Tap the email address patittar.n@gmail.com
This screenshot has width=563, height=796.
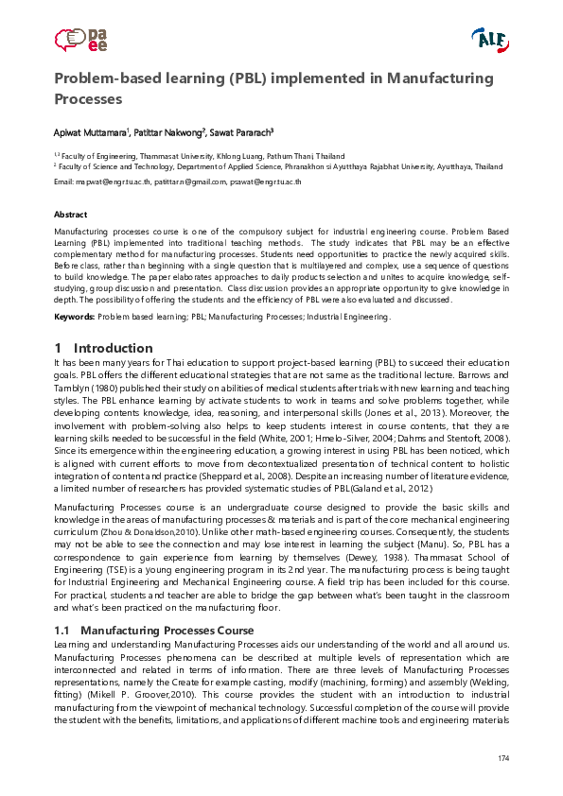click(190, 182)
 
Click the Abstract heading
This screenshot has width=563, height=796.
click(71, 215)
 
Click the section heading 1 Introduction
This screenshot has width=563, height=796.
click(103, 348)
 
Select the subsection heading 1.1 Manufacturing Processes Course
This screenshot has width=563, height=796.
click(153, 630)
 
